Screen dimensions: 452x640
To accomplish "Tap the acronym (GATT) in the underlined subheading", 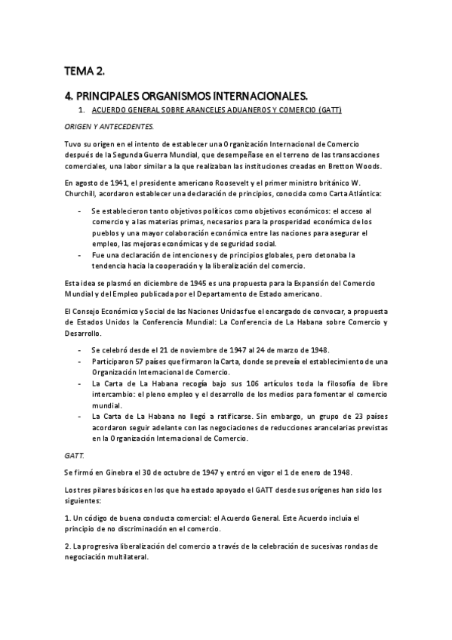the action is pyautogui.click(x=331, y=110).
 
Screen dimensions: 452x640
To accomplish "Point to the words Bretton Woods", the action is pyautogui.click(x=358, y=167).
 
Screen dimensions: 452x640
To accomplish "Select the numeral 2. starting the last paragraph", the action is pyautogui.click(x=67, y=546).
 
